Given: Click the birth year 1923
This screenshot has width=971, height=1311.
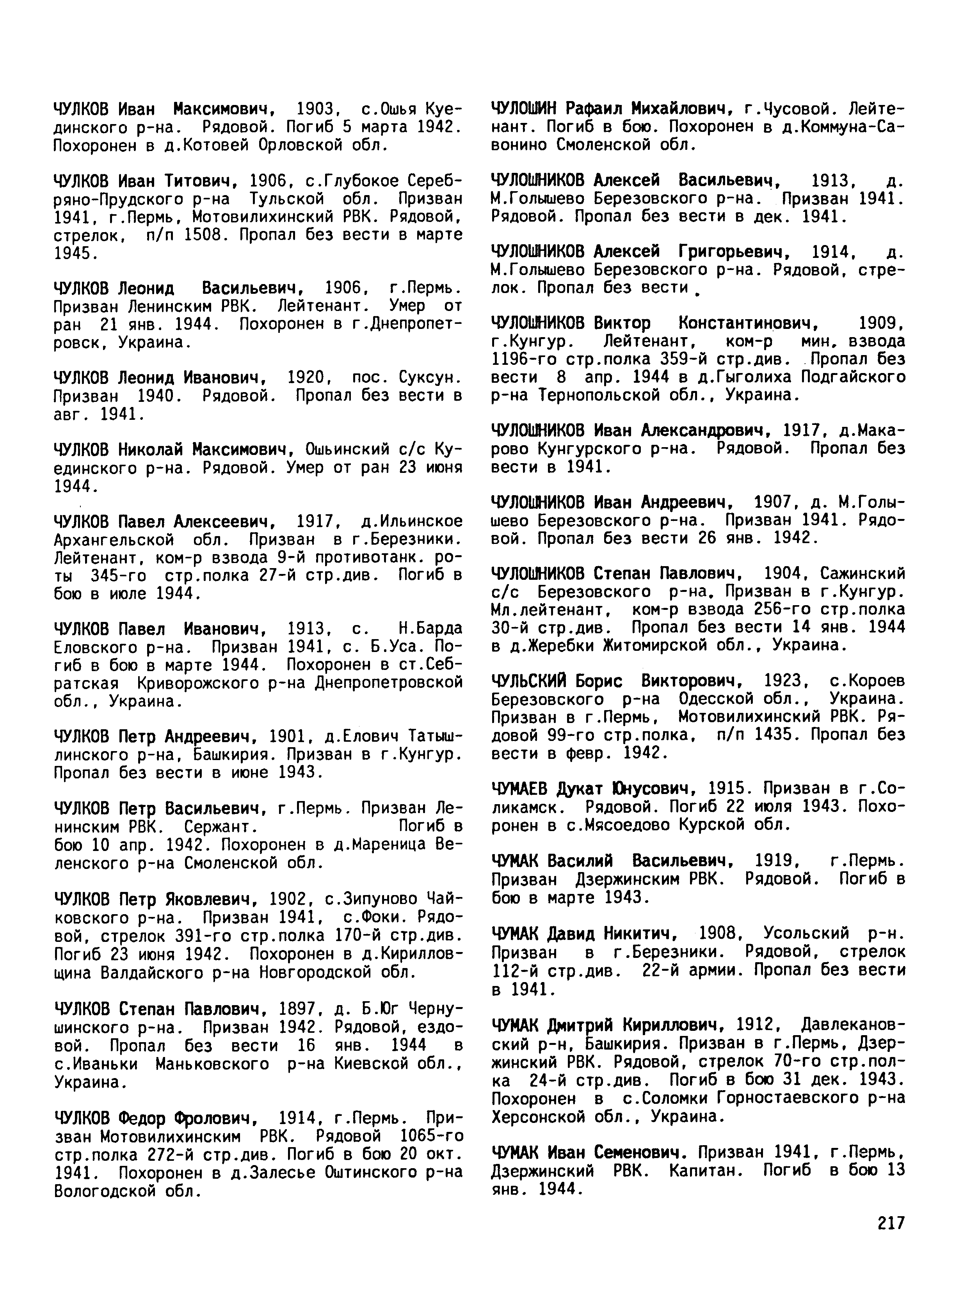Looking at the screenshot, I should tap(782, 681).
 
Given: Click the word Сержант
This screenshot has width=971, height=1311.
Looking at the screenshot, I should tap(220, 827).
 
